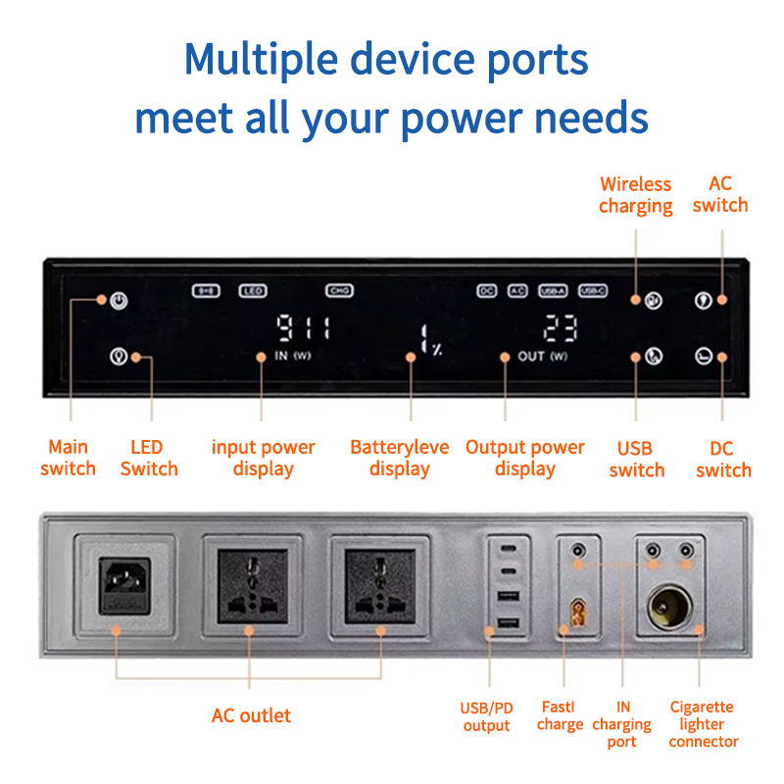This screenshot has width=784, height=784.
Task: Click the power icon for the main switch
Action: point(119,300)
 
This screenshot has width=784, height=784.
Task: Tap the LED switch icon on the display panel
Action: point(119,357)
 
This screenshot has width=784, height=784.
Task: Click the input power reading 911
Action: point(303,328)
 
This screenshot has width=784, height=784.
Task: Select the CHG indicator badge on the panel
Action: point(339,291)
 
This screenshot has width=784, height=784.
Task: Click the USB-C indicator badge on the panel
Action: point(593,291)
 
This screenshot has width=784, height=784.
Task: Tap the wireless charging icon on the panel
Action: point(654,300)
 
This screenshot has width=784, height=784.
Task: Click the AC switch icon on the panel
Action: point(703,300)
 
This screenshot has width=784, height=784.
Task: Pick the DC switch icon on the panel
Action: point(703,357)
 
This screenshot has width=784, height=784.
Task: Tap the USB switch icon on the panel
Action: point(654,357)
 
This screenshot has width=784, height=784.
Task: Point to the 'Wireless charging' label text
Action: point(636,195)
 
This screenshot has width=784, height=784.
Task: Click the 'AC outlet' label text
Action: point(251,715)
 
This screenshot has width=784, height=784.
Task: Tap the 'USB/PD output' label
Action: point(486,716)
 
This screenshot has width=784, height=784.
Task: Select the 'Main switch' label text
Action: point(69,458)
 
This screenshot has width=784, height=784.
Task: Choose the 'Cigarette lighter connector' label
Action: point(703,724)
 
